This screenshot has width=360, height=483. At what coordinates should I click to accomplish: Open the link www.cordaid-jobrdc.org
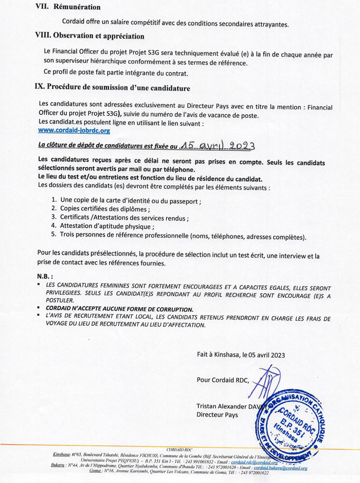coord(67,131)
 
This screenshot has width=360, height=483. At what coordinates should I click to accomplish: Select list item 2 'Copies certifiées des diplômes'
coord(105,209)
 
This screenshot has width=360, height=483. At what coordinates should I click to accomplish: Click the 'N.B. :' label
coord(45,276)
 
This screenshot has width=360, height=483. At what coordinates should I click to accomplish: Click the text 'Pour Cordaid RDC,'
coord(222,380)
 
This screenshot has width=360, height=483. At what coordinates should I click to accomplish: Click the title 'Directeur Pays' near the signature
coord(217,415)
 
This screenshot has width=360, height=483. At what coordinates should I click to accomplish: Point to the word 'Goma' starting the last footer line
coord(95,473)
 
